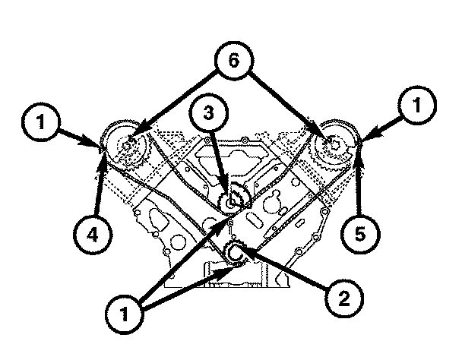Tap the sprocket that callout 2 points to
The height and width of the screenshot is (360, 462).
coord(235,253)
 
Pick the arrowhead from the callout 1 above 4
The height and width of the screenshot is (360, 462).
coord(102,146)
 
